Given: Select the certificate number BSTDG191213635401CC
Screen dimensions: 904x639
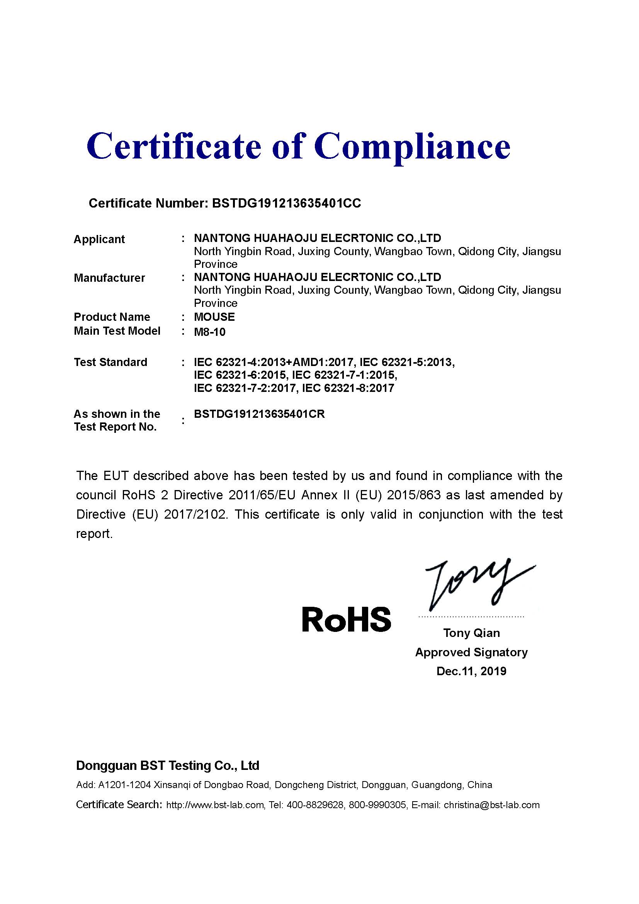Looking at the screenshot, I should tap(286, 203).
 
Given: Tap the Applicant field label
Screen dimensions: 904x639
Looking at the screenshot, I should tap(99, 239).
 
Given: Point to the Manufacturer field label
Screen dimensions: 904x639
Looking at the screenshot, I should tap(109, 278).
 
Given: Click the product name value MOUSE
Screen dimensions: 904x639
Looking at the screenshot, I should tap(214, 317).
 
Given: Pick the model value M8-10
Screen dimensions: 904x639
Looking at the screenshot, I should tap(210, 332).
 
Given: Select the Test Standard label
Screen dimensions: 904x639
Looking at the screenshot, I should tap(110, 362).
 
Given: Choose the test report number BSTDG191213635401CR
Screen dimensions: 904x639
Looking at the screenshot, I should tap(260, 414).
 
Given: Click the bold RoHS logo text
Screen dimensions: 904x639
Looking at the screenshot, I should tap(346, 619).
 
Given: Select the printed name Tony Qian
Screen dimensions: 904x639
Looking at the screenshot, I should tap(471, 633).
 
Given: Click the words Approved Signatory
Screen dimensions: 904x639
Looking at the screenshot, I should tap(471, 652).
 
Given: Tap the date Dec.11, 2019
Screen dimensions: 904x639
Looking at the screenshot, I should tap(471, 671).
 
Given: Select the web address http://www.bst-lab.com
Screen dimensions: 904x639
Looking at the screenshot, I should tap(215, 805).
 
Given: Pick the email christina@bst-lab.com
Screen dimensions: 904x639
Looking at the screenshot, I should tap(491, 805).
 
